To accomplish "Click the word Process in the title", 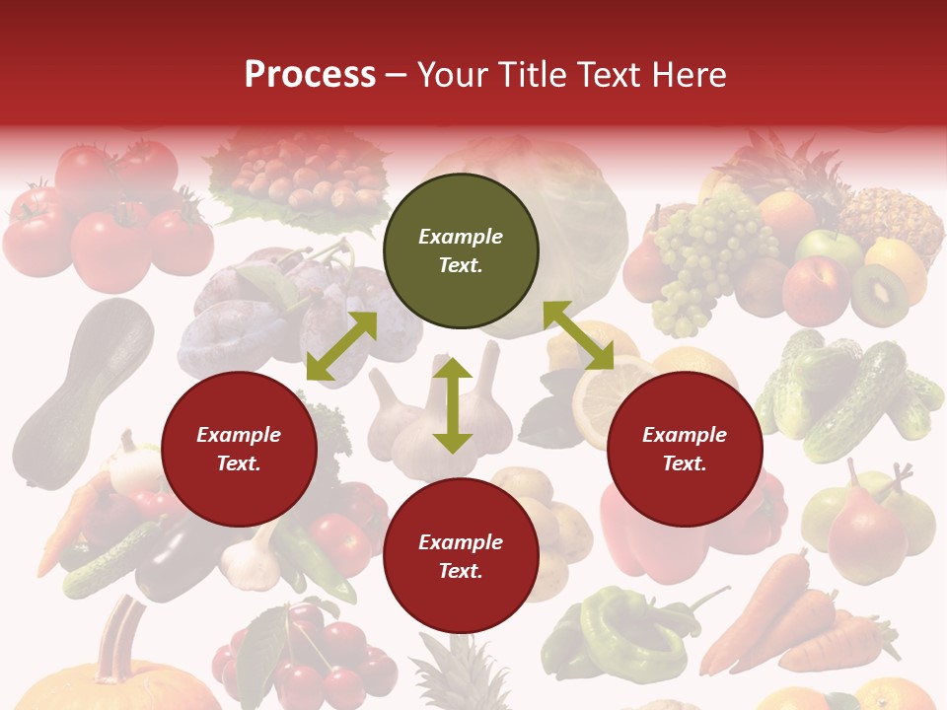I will (x=310, y=75).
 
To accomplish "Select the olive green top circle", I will (x=461, y=251).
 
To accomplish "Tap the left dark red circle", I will (x=239, y=450).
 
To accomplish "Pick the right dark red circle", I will (x=685, y=450).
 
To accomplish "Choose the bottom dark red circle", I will (x=461, y=556).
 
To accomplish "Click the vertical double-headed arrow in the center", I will (x=453, y=405).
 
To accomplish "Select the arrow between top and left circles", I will (x=341, y=346).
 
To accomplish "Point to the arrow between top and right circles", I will (x=578, y=335).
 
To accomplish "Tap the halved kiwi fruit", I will (x=879, y=295).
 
